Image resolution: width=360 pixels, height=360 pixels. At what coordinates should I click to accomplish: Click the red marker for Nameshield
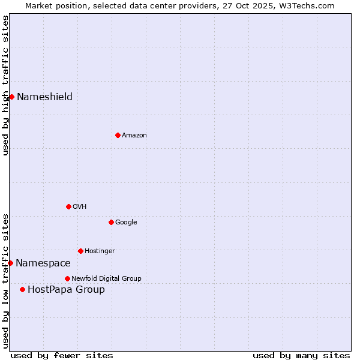point(11,97)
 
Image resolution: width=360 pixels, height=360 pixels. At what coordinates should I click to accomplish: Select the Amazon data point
point(118,135)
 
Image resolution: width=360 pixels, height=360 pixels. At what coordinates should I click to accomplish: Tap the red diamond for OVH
point(68,206)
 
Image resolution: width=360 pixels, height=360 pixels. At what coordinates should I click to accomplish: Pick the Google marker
point(111,222)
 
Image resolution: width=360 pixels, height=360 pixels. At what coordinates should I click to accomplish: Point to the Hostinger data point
point(80,251)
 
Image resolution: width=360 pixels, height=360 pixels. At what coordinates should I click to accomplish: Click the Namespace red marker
point(10,263)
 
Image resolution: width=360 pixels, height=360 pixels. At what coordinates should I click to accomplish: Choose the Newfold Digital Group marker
point(67,278)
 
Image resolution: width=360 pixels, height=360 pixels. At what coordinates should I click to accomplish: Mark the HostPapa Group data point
point(22,289)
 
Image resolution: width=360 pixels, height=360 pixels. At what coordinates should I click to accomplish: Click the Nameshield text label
point(44,97)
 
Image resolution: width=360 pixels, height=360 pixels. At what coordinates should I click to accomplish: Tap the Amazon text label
point(134,136)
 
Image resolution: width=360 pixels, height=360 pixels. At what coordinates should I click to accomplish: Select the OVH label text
point(79,207)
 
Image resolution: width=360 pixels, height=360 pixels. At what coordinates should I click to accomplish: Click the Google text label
point(126,223)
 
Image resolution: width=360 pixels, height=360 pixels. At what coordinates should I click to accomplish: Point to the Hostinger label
point(100,251)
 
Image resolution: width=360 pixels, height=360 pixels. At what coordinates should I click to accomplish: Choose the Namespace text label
point(43,263)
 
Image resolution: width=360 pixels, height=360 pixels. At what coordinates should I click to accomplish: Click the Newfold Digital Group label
point(106,279)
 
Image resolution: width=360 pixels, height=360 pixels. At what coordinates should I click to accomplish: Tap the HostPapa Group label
point(66,290)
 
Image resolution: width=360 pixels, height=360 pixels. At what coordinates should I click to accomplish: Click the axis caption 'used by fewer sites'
point(62,355)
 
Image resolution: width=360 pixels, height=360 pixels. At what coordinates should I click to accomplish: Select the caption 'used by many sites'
point(301,355)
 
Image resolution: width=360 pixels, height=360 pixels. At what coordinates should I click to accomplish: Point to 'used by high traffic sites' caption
point(6,85)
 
